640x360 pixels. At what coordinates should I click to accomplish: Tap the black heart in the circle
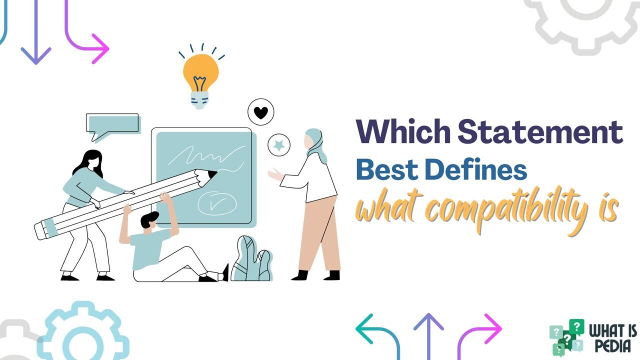[261, 112]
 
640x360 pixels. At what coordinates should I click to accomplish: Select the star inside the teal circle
[279, 146]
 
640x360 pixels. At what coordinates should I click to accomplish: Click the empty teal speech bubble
[112, 123]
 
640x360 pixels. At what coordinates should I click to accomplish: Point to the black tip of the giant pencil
[212, 174]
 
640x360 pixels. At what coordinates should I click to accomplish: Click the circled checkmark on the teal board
[216, 202]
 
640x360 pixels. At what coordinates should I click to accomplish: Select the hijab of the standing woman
[315, 142]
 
